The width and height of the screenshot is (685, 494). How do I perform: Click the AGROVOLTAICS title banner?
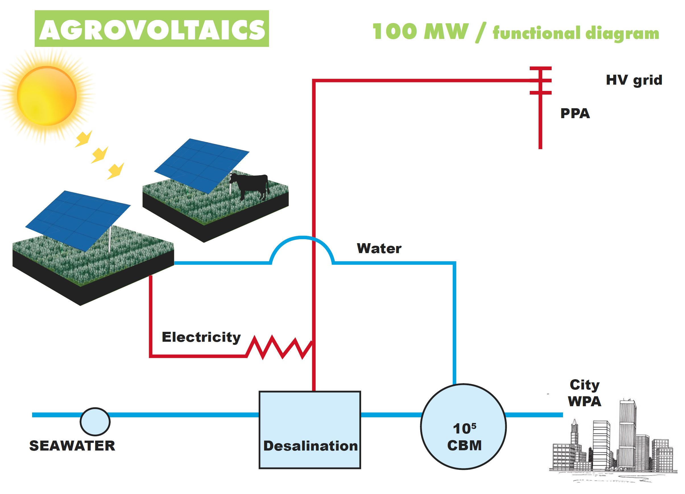[x=152, y=29]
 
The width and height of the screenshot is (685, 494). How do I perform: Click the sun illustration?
[x=47, y=96]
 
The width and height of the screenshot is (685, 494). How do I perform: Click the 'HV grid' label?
[x=634, y=80]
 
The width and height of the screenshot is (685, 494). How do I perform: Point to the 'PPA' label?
[x=575, y=113]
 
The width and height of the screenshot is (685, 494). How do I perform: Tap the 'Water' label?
[x=379, y=248]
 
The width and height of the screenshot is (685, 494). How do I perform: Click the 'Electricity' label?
[x=201, y=337]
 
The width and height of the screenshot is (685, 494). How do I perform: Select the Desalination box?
[x=310, y=430]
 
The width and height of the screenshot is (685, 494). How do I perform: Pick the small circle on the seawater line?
[x=95, y=422]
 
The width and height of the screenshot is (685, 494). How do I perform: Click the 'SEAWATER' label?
[x=72, y=446]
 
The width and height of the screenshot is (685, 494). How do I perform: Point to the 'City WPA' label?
[x=584, y=393]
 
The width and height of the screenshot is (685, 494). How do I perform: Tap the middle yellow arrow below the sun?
[x=100, y=155]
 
